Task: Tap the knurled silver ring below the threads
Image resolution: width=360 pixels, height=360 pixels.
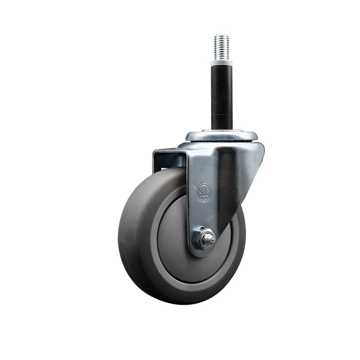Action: pos(221,63)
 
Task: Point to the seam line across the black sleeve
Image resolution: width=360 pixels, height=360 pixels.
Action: pos(221,114)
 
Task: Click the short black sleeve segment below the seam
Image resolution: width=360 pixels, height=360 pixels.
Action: pos(221,122)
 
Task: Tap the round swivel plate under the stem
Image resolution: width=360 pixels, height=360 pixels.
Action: pos(221,136)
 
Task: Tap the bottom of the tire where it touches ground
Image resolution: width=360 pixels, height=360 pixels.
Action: pos(180,303)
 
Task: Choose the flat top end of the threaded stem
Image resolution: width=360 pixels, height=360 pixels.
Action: pos(221,35)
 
